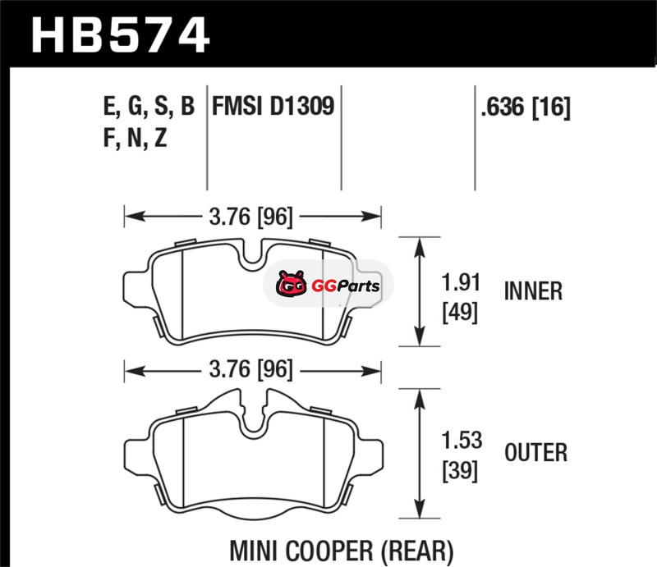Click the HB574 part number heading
(x=120, y=35)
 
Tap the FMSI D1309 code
(x=273, y=106)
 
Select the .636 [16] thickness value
(x=526, y=107)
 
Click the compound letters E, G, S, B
(x=149, y=107)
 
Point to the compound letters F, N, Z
(x=135, y=138)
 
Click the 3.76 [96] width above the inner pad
(x=251, y=217)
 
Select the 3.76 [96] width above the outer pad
(x=251, y=370)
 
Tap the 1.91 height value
(x=461, y=282)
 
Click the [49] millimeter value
(x=460, y=312)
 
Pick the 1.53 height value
(x=462, y=441)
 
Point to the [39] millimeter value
(x=460, y=471)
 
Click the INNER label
(x=533, y=291)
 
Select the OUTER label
(x=536, y=453)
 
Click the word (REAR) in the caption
(x=418, y=551)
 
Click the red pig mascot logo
(x=291, y=284)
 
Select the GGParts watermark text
(x=346, y=286)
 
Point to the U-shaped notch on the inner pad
(x=253, y=254)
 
